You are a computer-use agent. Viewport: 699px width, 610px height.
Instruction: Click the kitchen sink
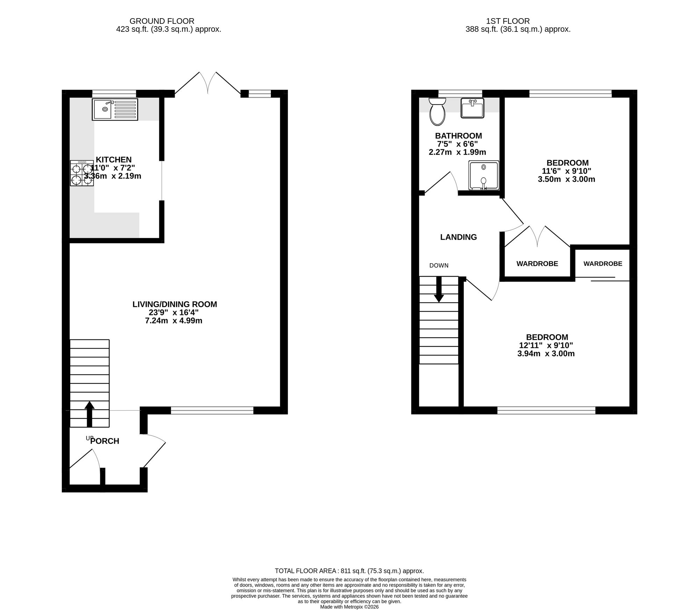[115, 109]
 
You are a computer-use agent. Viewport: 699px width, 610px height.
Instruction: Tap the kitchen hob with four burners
[82, 173]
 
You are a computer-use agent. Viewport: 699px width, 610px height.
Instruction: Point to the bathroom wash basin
[472, 108]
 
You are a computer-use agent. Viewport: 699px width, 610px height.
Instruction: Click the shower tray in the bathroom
[484, 175]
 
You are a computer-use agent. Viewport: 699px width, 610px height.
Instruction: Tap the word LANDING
[459, 237]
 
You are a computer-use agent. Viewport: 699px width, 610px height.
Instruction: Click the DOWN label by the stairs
[439, 265]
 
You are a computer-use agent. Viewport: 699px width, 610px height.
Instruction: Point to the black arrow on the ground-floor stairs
[89, 414]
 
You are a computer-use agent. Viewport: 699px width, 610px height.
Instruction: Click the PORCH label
[105, 441]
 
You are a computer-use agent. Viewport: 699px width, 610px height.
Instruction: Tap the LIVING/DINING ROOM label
[175, 304]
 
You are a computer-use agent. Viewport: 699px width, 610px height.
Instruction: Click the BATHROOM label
[459, 136]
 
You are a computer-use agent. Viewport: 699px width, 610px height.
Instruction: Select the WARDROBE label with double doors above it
[537, 264]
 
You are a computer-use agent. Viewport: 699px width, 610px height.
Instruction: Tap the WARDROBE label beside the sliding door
[603, 264]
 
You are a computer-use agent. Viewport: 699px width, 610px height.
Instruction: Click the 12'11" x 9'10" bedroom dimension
[546, 345]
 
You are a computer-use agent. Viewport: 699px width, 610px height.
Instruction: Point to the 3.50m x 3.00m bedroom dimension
[567, 179]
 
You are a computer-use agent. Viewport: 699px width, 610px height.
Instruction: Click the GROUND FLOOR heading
[162, 21]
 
